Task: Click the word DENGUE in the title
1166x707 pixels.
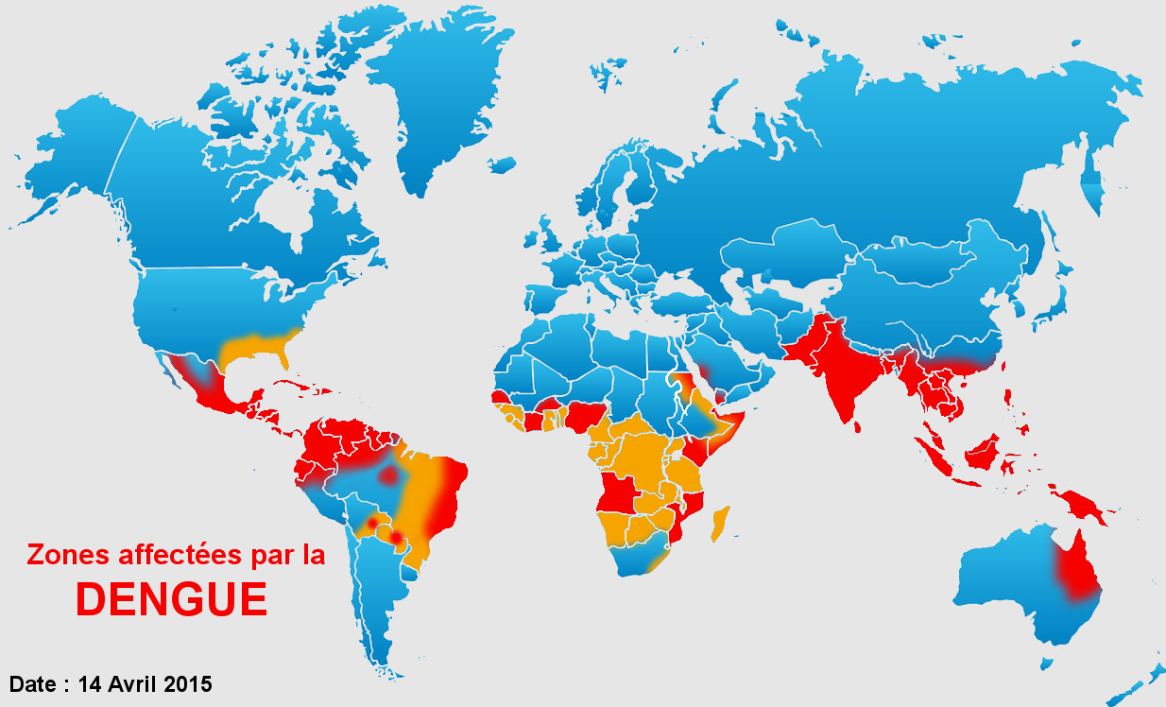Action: pyautogui.click(x=171, y=598)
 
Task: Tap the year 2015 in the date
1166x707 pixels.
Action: pyautogui.click(x=187, y=683)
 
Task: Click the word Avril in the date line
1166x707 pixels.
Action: pyautogui.click(x=131, y=683)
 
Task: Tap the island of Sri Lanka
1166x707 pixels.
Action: pyautogui.click(x=856, y=426)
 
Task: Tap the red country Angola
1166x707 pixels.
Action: pyautogui.click(x=618, y=491)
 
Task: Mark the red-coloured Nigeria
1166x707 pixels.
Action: pyautogui.click(x=585, y=415)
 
